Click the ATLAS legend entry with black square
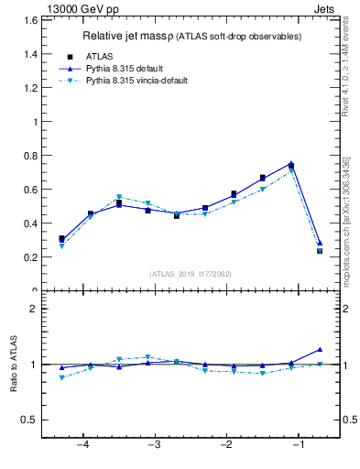tap(100, 56)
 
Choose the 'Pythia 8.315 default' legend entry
tap(131, 68)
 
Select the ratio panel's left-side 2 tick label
tap(35, 309)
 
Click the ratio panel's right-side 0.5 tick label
tap(348, 420)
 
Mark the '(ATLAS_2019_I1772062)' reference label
tap(191, 273)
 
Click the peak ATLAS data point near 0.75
tap(291, 166)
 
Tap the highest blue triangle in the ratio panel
tap(320, 349)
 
